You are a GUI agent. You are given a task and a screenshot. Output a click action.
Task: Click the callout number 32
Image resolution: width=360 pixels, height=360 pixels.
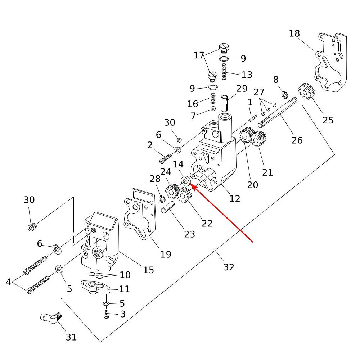[229, 267]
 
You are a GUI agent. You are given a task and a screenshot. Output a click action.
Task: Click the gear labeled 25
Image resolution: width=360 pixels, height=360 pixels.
[306, 91]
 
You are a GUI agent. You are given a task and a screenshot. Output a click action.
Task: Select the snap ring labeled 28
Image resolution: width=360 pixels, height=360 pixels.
[162, 198]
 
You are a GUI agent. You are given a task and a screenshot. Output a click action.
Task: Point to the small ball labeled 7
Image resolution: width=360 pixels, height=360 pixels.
[213, 108]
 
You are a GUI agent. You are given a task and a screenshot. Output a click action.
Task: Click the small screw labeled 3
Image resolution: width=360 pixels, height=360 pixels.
[106, 316]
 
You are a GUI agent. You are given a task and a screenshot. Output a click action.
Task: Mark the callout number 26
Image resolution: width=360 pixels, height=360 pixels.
[297, 140]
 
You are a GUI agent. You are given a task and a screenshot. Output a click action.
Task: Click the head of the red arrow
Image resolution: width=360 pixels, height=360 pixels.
[189, 184]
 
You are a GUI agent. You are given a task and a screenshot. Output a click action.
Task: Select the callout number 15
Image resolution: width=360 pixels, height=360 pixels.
[148, 269]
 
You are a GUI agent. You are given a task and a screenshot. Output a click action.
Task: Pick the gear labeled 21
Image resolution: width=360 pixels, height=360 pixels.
[258, 139]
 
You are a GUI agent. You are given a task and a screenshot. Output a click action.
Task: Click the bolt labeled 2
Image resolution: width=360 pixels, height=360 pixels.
[166, 158]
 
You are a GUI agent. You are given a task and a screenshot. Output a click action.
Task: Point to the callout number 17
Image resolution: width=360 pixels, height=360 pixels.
[199, 55]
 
